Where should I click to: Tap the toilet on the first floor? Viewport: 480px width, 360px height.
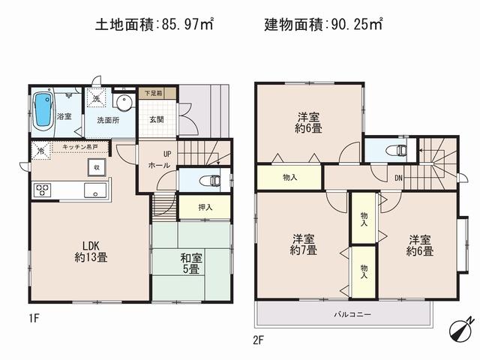pos(212,180)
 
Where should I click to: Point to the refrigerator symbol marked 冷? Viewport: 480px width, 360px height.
pos(39,150)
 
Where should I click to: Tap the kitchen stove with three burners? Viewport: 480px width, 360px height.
pos(41,190)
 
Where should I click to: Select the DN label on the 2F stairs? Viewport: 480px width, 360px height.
pos(398,178)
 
